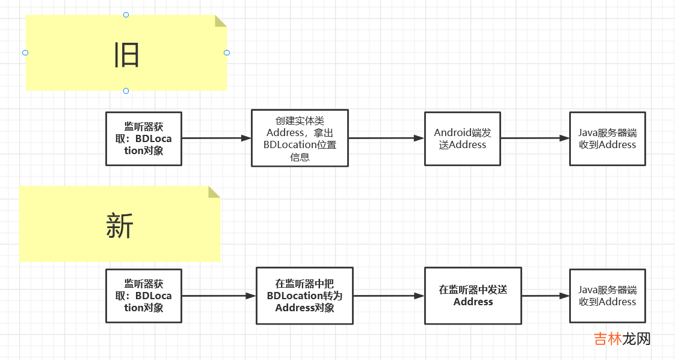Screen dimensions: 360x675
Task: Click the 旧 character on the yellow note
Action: pyautogui.click(x=127, y=55)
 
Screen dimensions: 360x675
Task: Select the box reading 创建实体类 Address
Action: pyautogui.click(x=300, y=138)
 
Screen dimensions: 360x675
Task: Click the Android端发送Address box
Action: pyautogui.click(x=462, y=138)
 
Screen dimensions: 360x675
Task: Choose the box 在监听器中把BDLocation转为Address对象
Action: pyautogui.click(x=304, y=296)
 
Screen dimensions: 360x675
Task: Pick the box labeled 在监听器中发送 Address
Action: pyautogui.click(x=473, y=296)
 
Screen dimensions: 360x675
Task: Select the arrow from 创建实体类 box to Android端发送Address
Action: pyautogui.click(x=386, y=138)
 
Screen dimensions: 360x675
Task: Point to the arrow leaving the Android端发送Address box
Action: pyautogui.click(x=535, y=138)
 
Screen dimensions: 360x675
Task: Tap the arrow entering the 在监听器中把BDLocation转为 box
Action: pyautogui.click(x=219, y=296)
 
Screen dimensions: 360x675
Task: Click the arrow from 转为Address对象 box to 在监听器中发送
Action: pyautogui.click(x=389, y=296)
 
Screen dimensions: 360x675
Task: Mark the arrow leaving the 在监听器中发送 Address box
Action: pyautogui.click(x=545, y=296)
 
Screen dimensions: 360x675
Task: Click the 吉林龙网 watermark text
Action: pyautogui.click(x=622, y=339)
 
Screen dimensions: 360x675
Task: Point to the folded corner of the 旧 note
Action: pyautogui.click(x=220, y=21)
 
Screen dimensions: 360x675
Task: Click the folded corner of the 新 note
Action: pyautogui.click(x=214, y=192)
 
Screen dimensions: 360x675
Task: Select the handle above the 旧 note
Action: pyautogui.click(x=126, y=14)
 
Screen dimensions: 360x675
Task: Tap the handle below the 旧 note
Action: pyautogui.click(x=126, y=91)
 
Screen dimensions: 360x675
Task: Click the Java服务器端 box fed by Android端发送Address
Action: pyautogui.click(x=607, y=138)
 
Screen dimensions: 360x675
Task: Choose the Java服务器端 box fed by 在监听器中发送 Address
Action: pyautogui.click(x=607, y=296)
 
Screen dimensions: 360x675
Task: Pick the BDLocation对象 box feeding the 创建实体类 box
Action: pyautogui.click(x=144, y=138)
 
